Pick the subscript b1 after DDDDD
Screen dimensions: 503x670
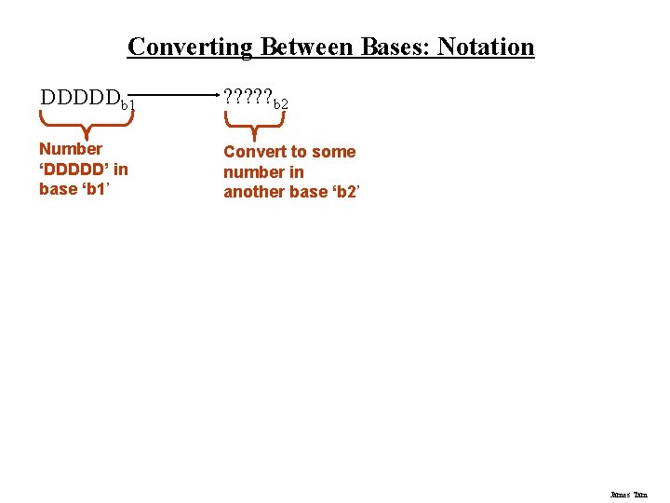[x=129, y=103]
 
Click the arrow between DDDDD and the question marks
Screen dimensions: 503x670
[x=178, y=95]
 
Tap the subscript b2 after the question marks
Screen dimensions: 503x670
[x=279, y=103]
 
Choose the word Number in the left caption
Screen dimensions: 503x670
[x=71, y=149]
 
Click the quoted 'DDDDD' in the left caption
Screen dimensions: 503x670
[x=74, y=170]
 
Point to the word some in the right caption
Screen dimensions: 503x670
[x=333, y=152]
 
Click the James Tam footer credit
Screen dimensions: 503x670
[x=628, y=495]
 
